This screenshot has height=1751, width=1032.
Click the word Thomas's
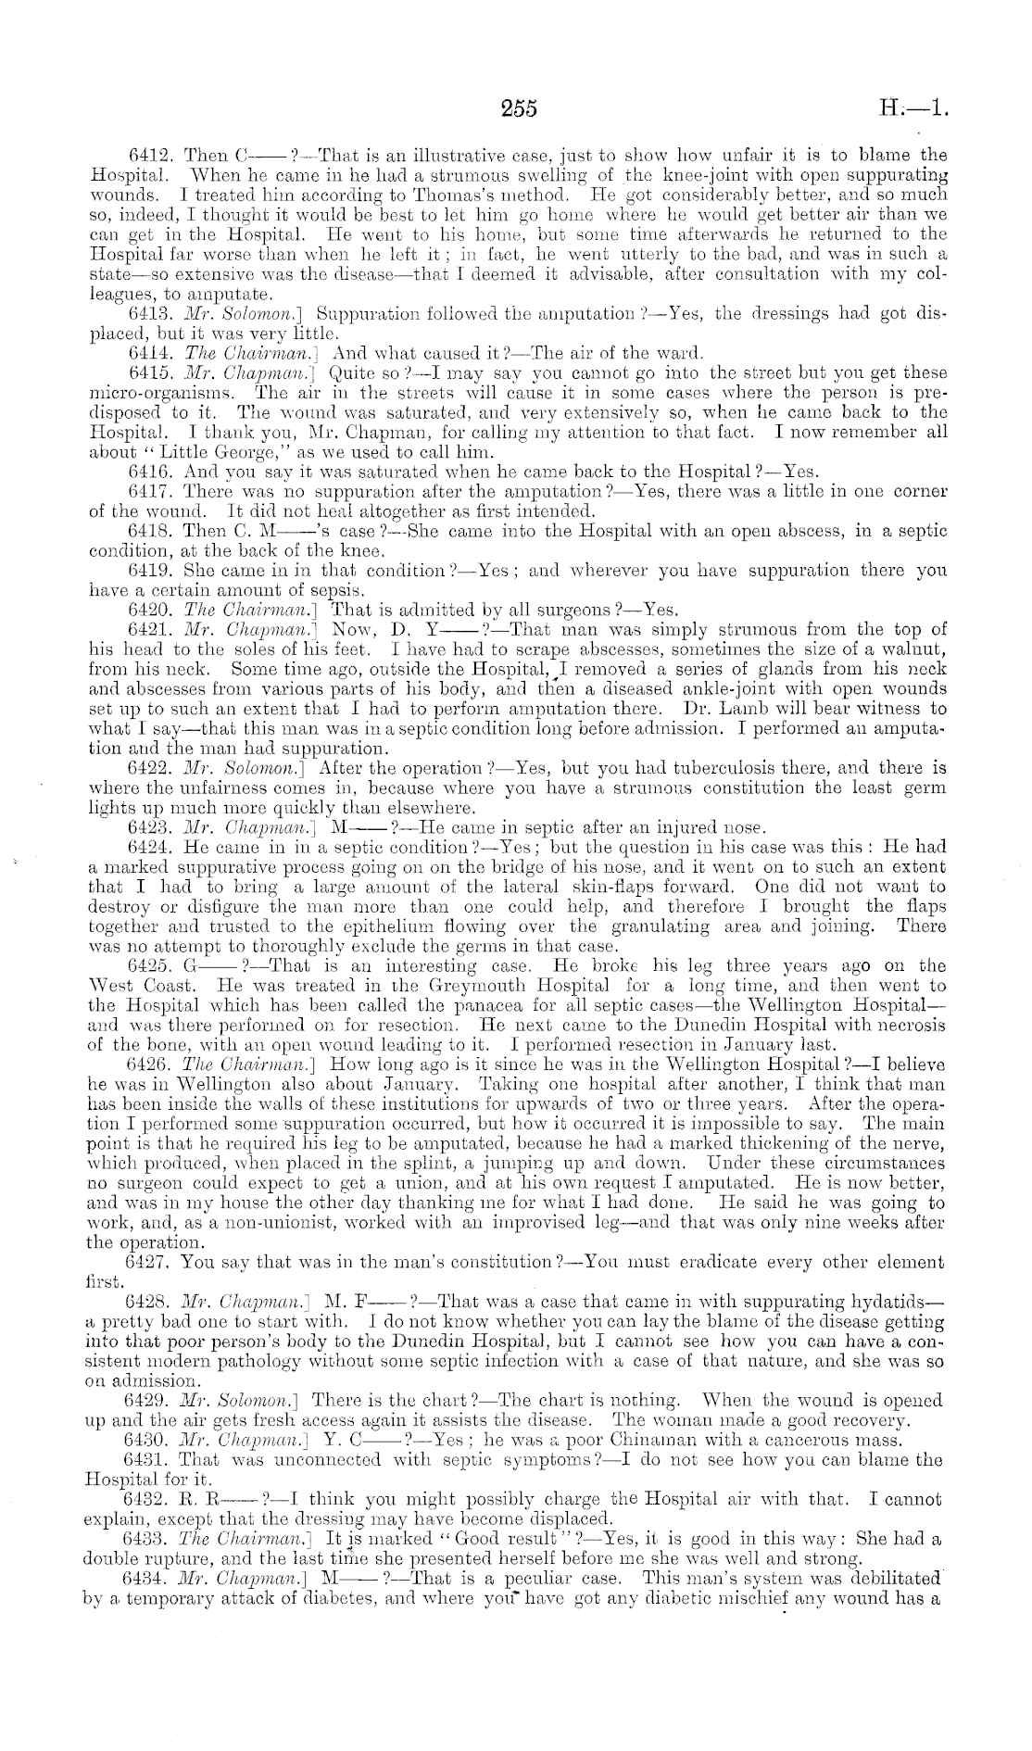(445, 195)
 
